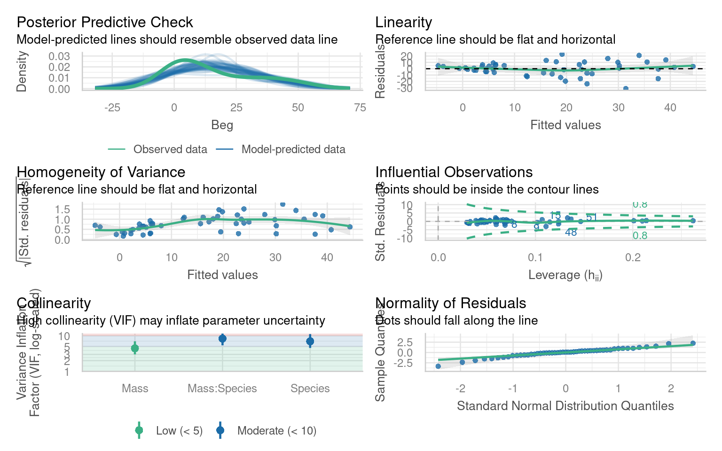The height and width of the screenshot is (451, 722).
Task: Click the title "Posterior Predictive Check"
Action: pos(105,23)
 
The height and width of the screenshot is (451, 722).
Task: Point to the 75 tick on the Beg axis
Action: pos(360,108)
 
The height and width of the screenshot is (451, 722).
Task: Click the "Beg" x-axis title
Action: pos(222,125)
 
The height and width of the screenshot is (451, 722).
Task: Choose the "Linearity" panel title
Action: pos(403,23)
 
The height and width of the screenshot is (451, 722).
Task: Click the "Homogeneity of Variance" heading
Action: pos(101,172)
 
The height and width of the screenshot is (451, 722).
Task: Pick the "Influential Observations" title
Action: pos(454,172)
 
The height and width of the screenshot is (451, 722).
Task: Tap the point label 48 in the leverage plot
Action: pos(571,233)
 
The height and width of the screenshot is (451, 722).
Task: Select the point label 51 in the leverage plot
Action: pos(591,218)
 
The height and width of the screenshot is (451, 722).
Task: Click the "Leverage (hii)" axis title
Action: pos(565,275)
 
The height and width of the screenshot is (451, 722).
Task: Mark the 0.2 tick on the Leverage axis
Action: pos(633,257)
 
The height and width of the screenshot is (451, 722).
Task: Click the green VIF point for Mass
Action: pos(135,348)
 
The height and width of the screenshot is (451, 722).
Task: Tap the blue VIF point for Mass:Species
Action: pos(222,339)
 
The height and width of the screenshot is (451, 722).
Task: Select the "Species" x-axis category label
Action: pos(310,389)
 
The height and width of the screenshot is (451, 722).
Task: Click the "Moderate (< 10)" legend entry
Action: pos(276,431)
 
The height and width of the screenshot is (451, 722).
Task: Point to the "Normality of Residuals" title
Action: pos(450,303)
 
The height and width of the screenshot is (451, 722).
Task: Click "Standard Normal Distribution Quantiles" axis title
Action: pos(565,406)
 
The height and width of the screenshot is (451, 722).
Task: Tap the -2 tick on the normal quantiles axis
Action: pos(460,389)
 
